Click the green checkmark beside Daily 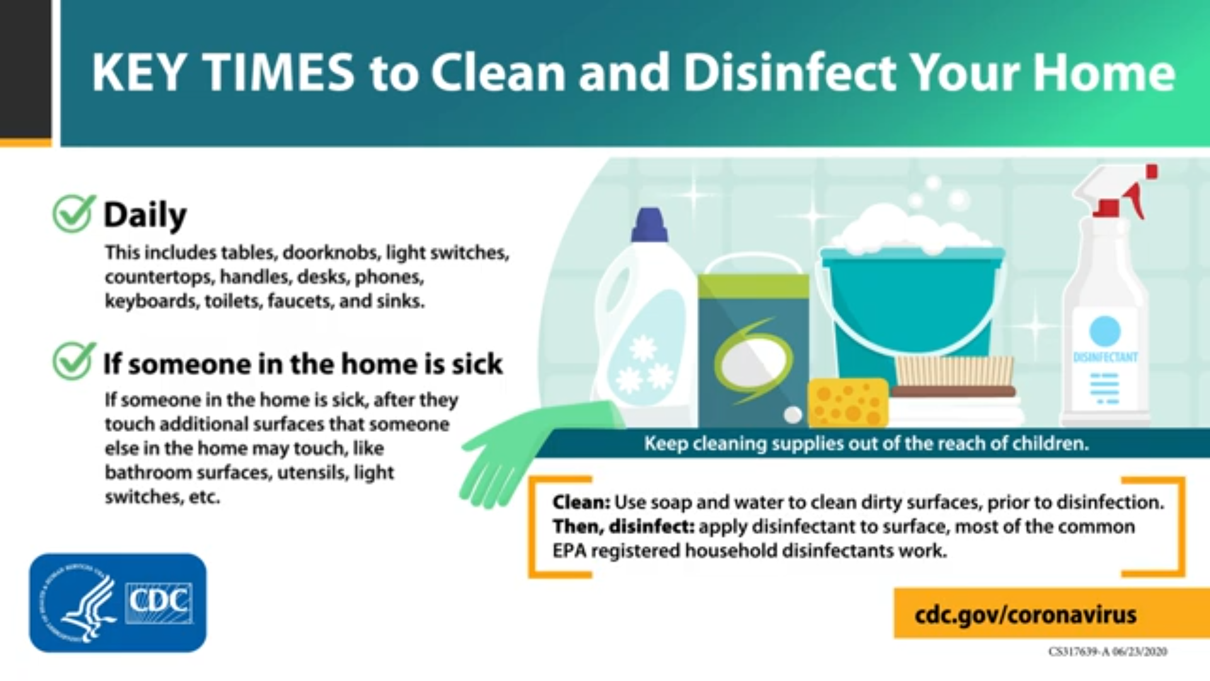coord(74,213)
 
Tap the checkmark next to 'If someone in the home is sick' coord(74,361)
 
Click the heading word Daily coord(145,216)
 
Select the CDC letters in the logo coord(159,602)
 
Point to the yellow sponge coord(848,403)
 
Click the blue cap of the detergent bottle coord(650,225)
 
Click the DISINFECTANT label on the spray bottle coord(1105,357)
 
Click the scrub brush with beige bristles coord(954,377)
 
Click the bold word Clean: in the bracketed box coord(581,503)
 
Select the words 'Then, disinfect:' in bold coord(623,527)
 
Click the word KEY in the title coord(139,73)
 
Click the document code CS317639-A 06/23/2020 coord(1108,651)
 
